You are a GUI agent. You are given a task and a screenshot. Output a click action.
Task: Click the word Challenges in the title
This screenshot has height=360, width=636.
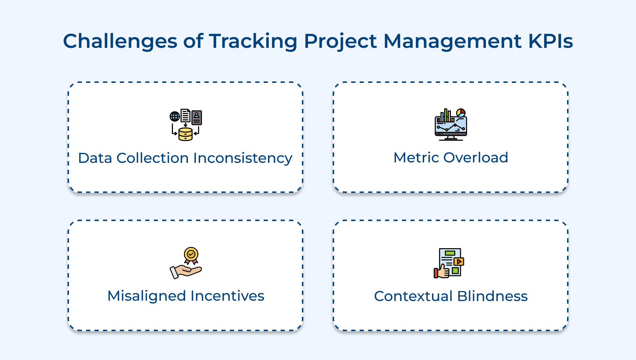(120, 41)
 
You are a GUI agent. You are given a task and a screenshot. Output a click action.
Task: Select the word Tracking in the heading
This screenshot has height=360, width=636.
(253, 41)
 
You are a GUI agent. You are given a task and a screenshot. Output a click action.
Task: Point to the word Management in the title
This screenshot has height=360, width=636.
(452, 41)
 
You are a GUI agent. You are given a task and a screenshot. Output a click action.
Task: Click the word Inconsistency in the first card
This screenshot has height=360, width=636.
(243, 158)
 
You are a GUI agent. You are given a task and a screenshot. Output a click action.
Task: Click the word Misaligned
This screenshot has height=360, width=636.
(146, 296)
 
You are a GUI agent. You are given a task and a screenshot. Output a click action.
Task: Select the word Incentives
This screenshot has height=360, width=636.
(228, 296)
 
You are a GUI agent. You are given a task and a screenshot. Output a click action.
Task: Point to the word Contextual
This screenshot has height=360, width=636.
(413, 296)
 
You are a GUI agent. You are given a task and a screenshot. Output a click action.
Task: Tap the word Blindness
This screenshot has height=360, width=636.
(492, 296)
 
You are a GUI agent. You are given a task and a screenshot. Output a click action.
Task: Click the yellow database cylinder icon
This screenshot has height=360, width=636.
(185, 134)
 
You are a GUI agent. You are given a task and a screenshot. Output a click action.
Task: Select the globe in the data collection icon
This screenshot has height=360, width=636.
(175, 116)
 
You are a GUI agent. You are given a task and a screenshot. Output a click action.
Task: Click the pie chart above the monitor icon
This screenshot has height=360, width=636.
(461, 113)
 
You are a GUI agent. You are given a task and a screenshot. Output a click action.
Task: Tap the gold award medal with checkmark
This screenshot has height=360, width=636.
(191, 255)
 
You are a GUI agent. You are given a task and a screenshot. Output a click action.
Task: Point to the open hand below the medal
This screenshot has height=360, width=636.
(186, 272)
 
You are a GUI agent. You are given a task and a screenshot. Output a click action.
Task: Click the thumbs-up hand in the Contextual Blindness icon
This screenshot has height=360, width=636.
(442, 272)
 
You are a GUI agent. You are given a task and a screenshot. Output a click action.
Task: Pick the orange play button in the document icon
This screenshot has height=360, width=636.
(459, 261)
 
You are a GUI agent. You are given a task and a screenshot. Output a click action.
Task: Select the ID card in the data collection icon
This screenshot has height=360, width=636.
(197, 117)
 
